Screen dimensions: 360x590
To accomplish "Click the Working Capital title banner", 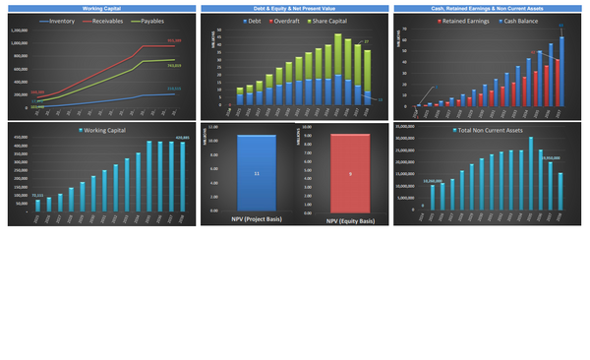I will click(100, 8).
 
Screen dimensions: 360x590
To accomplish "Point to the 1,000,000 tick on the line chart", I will click(19, 30).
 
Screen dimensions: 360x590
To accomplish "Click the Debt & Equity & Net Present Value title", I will click(294, 8).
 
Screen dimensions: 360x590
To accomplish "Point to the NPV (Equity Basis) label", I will click(351, 219).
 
